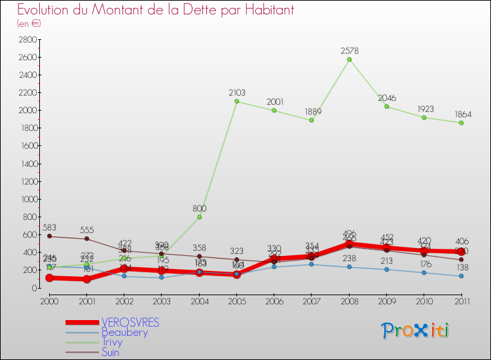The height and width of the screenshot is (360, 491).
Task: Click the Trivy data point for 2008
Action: click(349, 60)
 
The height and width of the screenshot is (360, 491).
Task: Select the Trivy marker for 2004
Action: click(199, 217)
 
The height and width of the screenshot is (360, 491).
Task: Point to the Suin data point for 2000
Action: click(49, 236)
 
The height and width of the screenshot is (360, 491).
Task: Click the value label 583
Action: click(50, 227)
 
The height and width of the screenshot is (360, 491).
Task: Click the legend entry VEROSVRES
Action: click(130, 323)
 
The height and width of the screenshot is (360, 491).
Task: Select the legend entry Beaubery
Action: click(124, 333)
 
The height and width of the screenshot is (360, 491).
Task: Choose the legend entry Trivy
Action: click(111, 342)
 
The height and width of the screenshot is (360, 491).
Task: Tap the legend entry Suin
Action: click(110, 352)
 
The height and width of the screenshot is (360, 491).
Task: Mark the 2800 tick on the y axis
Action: click(27, 40)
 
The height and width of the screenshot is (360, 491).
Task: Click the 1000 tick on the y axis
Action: click(27, 200)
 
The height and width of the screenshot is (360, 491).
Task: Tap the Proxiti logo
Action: click(416, 331)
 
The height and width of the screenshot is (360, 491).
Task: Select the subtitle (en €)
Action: click(29, 24)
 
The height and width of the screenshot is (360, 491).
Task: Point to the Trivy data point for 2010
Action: click(424, 117)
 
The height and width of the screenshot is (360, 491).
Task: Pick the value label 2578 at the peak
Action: click(349, 50)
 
